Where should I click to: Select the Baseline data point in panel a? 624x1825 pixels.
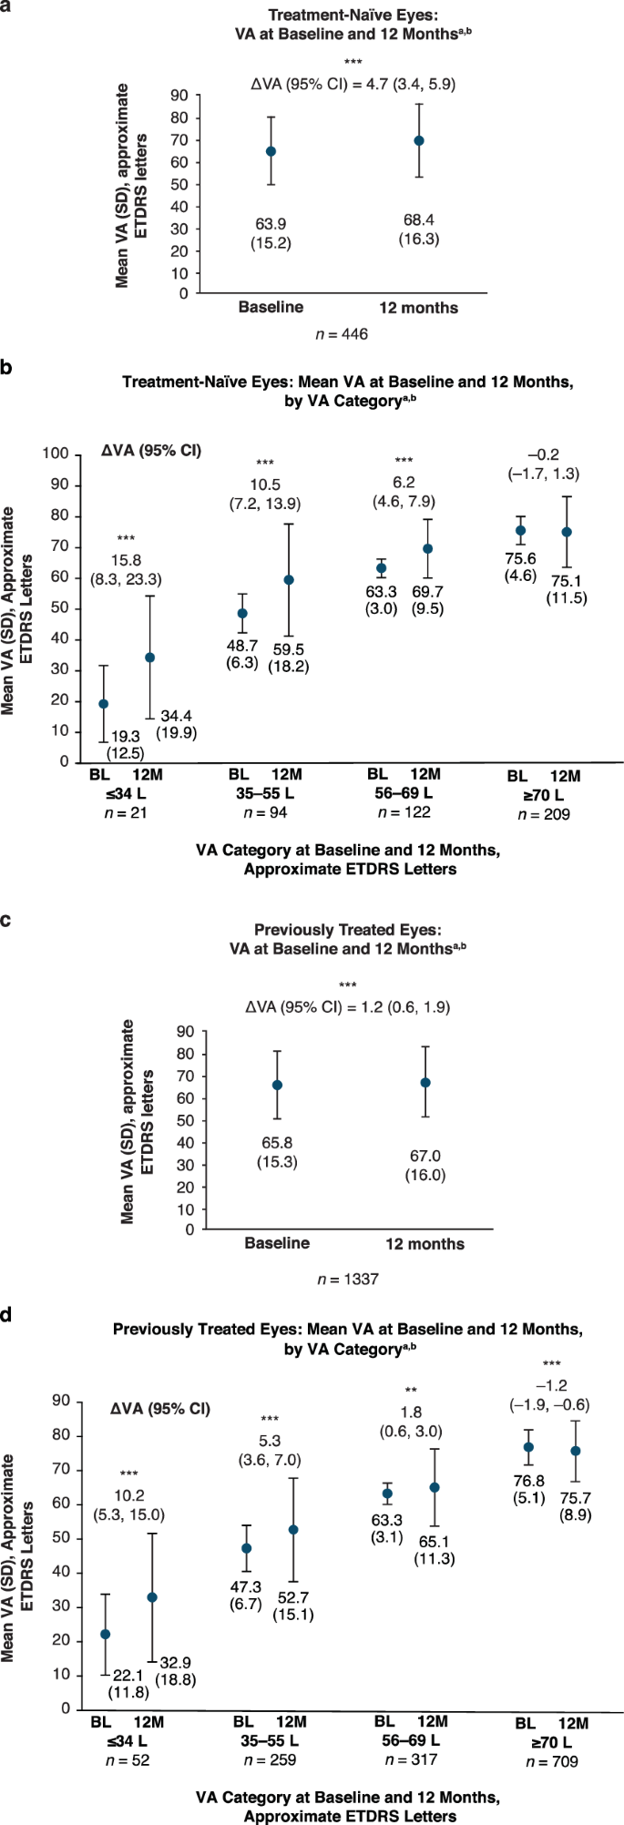(271, 151)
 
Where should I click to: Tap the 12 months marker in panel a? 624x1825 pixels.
(419, 141)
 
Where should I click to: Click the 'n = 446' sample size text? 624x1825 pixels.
(343, 334)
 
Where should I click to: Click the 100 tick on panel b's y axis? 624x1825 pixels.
(58, 454)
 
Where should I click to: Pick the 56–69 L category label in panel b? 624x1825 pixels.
(403, 792)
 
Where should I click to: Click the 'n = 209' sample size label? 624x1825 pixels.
(543, 814)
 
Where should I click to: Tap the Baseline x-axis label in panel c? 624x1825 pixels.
(277, 1242)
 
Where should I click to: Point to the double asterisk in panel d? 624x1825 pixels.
(410, 1391)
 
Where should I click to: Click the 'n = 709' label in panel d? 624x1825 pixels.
(550, 1761)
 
